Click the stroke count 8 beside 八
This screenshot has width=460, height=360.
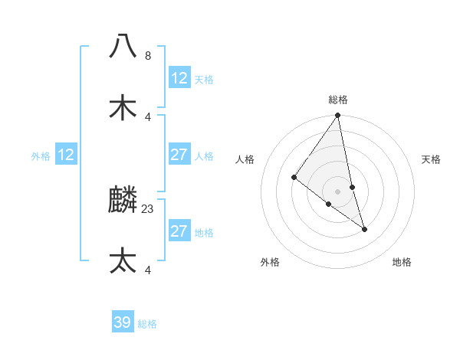(148, 56)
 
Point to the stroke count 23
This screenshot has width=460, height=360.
(148, 208)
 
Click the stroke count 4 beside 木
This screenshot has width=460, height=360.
(148, 116)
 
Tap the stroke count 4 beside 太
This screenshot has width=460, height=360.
(148, 270)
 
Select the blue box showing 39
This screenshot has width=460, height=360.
(123, 322)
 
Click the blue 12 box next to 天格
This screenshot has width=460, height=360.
(179, 78)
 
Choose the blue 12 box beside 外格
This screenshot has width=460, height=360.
(66, 155)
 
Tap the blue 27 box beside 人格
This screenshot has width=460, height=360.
(179, 155)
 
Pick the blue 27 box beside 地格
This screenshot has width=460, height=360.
(179, 231)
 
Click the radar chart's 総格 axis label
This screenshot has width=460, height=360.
(338, 100)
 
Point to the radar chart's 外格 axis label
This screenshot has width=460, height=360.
(270, 262)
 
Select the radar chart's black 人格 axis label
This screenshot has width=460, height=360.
(245, 159)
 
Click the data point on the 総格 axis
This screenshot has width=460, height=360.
(338, 116)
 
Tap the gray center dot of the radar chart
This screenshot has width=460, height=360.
(338, 191)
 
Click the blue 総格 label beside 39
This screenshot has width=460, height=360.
(147, 324)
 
